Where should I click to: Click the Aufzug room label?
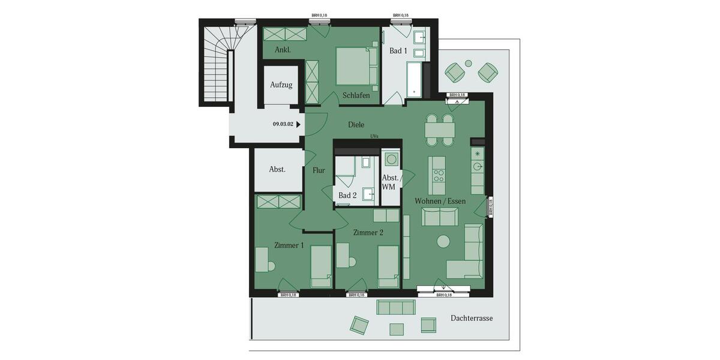281,85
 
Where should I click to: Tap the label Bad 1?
398,51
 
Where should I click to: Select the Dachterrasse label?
472,318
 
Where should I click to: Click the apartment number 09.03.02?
283,125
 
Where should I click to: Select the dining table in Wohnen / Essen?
440,130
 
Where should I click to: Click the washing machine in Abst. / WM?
391,160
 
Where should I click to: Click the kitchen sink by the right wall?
478,167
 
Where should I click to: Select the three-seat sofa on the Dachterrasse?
395,307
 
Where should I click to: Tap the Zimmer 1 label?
289,245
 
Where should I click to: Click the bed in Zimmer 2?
388,265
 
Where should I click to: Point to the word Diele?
356,125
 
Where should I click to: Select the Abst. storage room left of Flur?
277,169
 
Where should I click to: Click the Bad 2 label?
347,196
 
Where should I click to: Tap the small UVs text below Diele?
375,137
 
